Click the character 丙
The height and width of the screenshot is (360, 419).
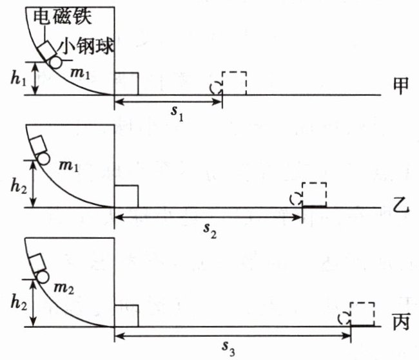point(400,319)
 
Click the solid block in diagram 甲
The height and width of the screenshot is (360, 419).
point(126,84)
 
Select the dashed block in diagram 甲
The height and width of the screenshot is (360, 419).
point(234,84)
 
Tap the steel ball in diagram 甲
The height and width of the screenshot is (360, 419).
point(55,62)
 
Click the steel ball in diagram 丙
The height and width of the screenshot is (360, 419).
point(43,277)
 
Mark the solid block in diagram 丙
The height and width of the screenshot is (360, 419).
point(126,316)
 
